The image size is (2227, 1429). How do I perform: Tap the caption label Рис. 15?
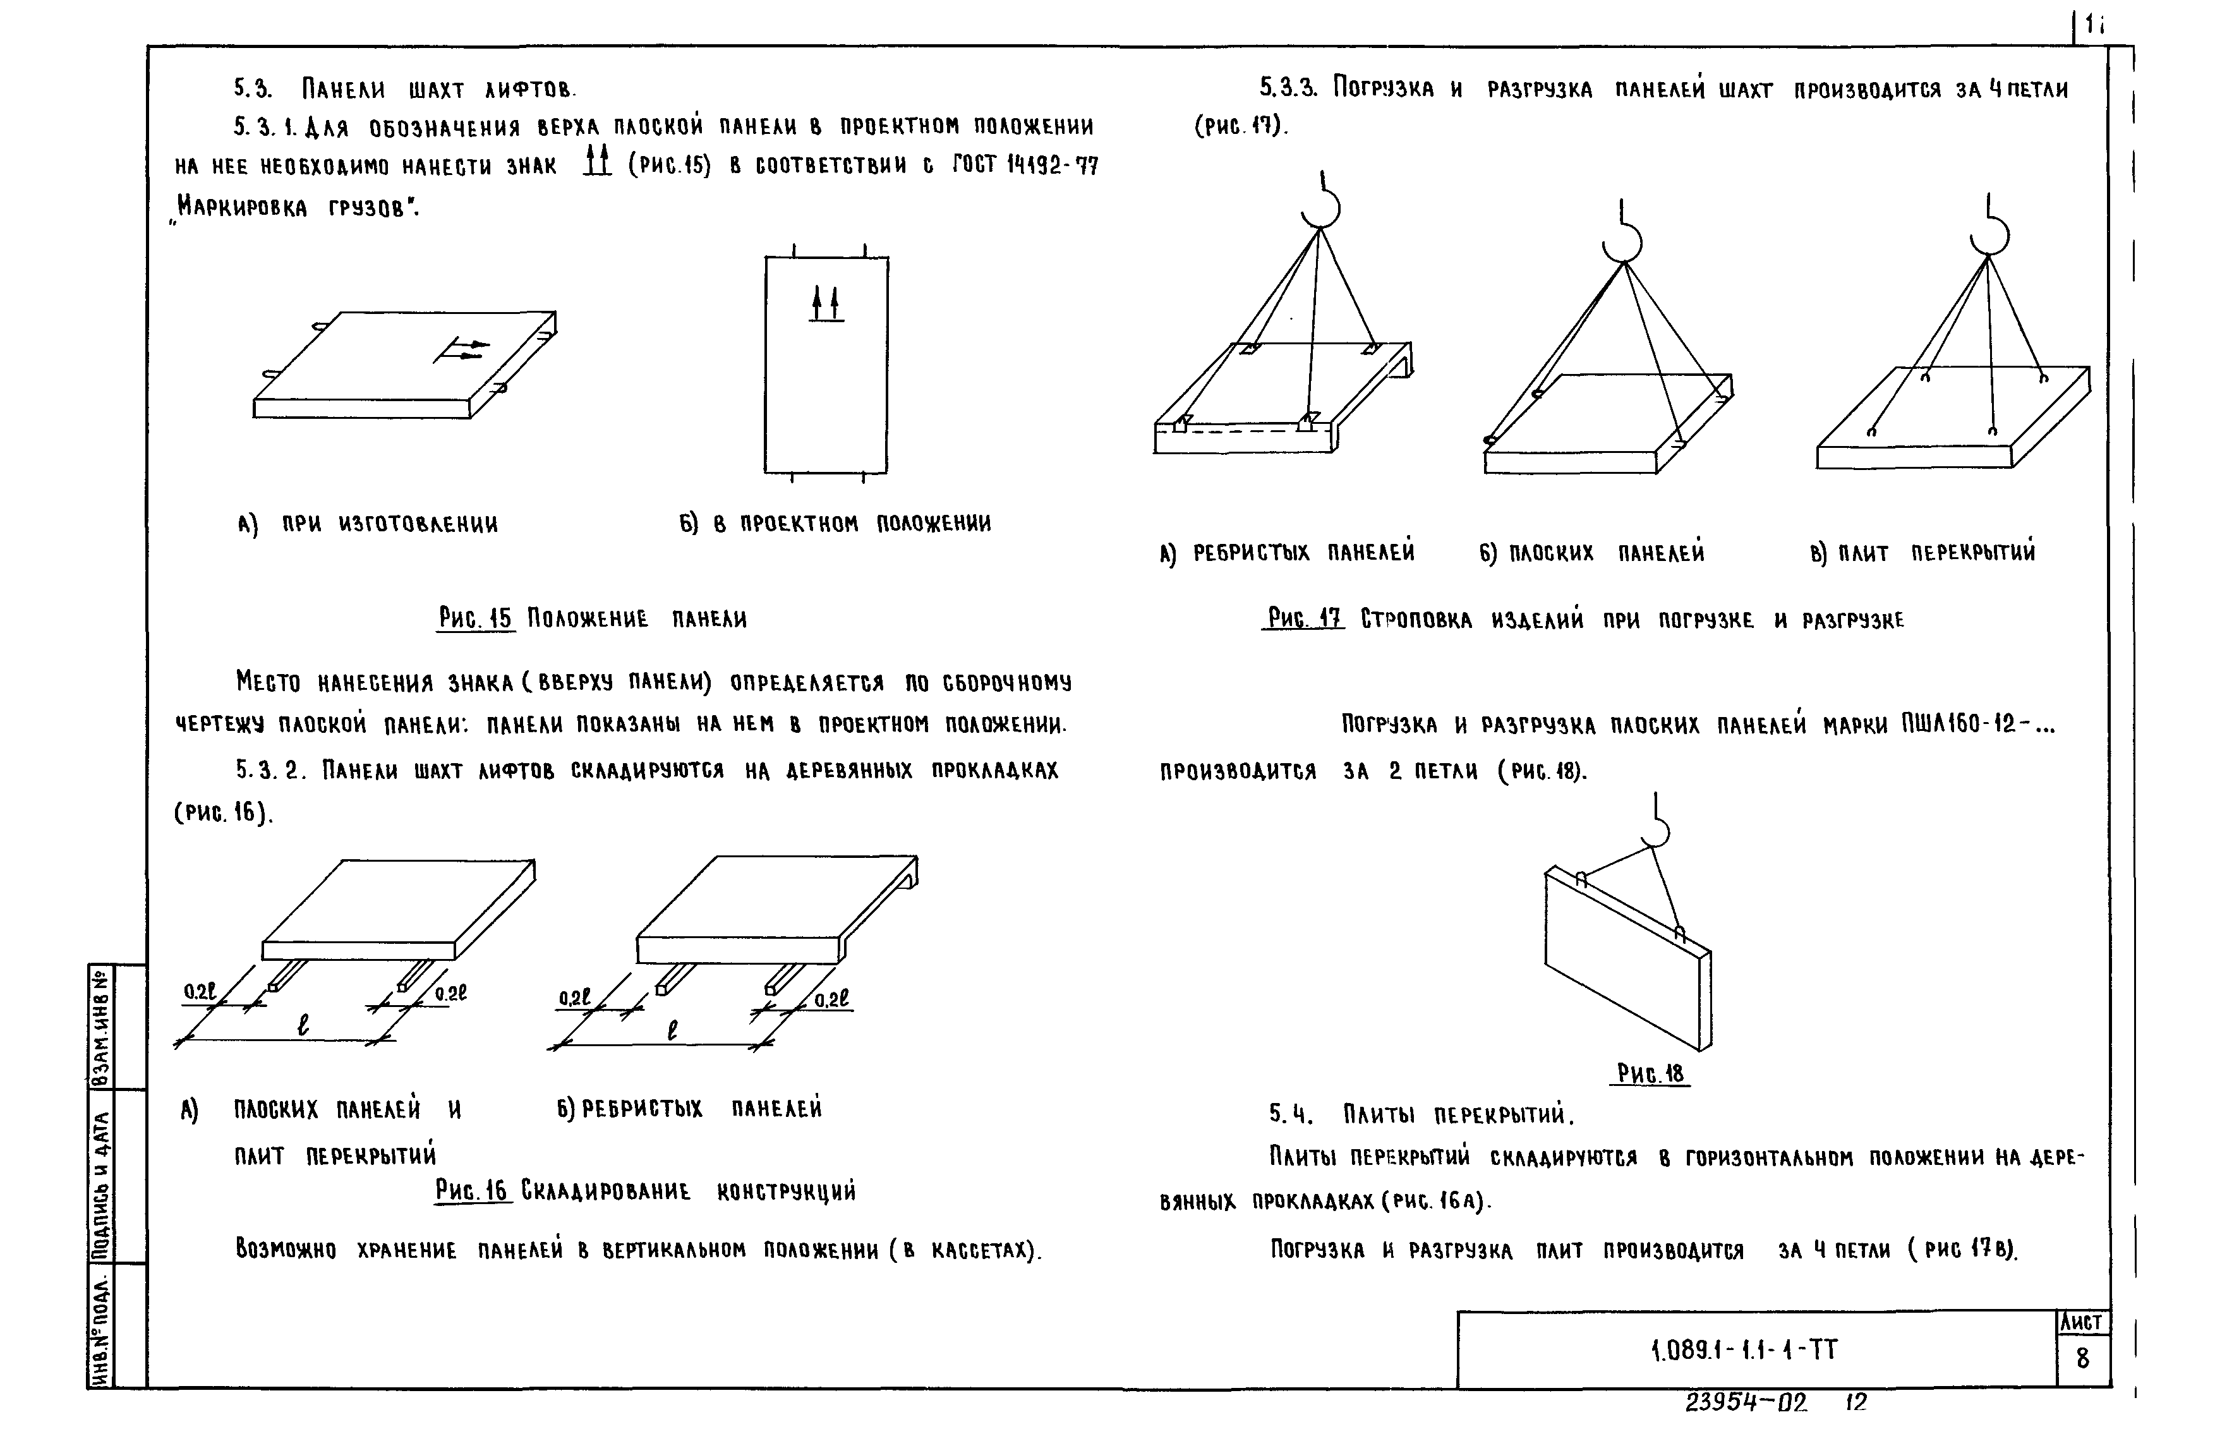[474, 618]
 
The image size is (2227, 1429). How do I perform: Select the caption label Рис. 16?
[473, 1191]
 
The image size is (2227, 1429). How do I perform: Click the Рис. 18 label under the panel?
[1650, 1073]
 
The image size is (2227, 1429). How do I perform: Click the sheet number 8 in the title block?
[2082, 1358]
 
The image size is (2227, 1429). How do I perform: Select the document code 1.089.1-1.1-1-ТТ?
[1744, 1349]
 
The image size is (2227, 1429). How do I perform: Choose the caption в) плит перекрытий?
[1922, 553]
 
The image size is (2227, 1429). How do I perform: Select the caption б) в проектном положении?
[835, 523]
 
